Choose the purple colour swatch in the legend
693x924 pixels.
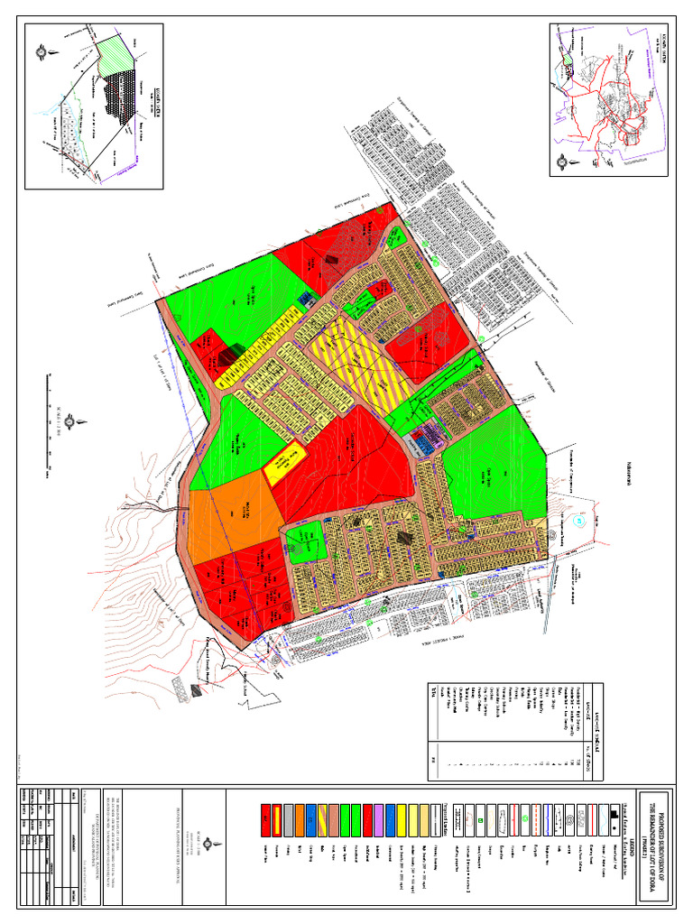(373, 817)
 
